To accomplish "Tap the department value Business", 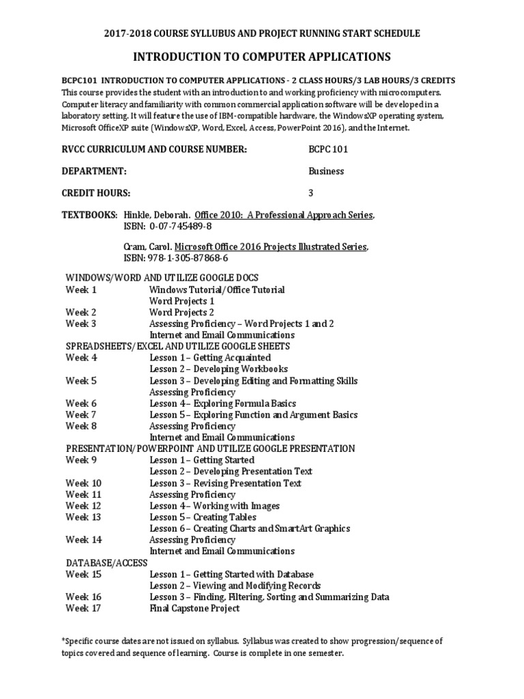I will pos(326,171).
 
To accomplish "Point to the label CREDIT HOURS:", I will pos(96,193).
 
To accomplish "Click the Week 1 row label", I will pos(81,289).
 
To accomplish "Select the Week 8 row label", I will pos(81,426).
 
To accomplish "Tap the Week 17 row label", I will pos(83,608).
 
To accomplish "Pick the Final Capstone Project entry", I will pos(194,608).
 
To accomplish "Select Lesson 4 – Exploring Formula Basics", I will pos(222,403).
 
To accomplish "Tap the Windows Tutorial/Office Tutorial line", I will pos(217,289).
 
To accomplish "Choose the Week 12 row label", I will pos(83,506).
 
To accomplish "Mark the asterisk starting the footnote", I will pos(63,641).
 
